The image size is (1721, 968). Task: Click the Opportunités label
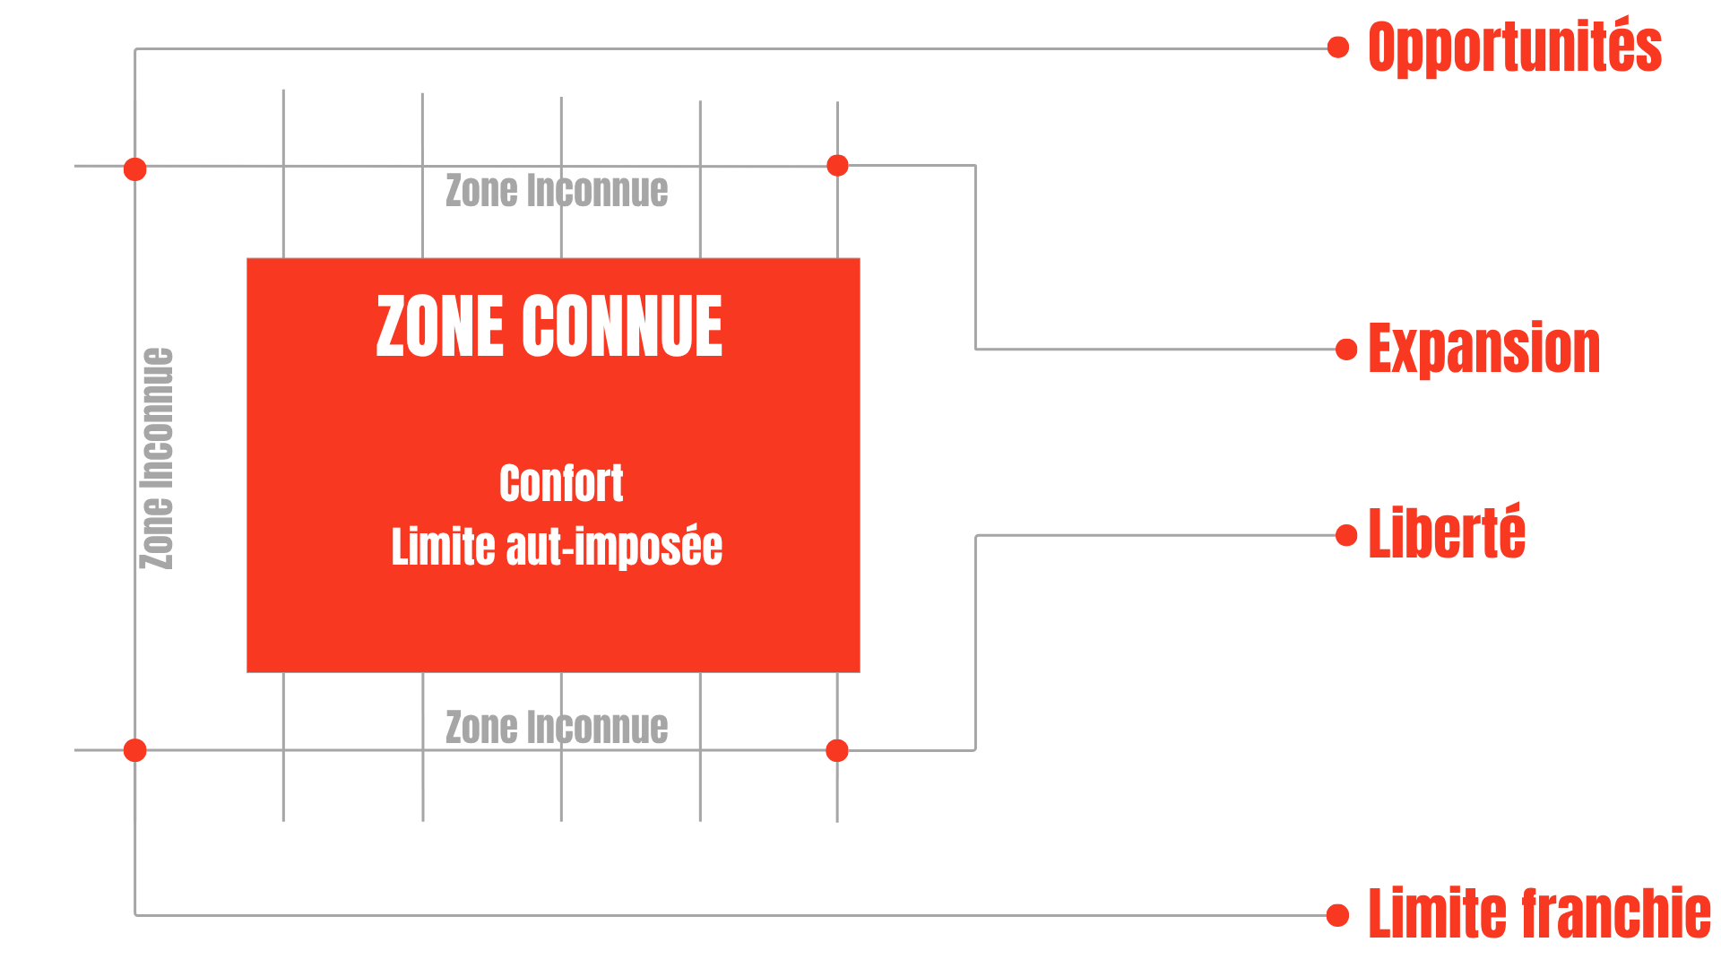coord(1514,47)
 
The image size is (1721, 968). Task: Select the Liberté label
coord(1446,533)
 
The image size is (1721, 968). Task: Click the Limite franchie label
coord(1539,913)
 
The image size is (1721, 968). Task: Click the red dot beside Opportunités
coord(1338,48)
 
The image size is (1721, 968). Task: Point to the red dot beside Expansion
coord(1346,349)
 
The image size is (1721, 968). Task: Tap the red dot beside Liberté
coord(1346,535)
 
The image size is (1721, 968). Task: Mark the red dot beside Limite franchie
coord(1338,915)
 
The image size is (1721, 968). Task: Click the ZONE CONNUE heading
coord(549,326)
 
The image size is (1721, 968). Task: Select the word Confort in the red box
coord(561,484)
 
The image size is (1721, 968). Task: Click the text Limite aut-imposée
coord(557,547)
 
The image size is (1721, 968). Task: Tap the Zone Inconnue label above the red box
coord(557,191)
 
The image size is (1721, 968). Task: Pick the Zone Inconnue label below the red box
coord(557,727)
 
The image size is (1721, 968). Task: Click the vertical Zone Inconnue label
coord(158,458)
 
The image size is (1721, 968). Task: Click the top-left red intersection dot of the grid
coord(135,169)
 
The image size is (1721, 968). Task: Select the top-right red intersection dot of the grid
coord(837,165)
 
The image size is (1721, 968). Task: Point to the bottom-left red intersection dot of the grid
coord(135,750)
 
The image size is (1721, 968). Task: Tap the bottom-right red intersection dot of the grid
coord(837,750)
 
